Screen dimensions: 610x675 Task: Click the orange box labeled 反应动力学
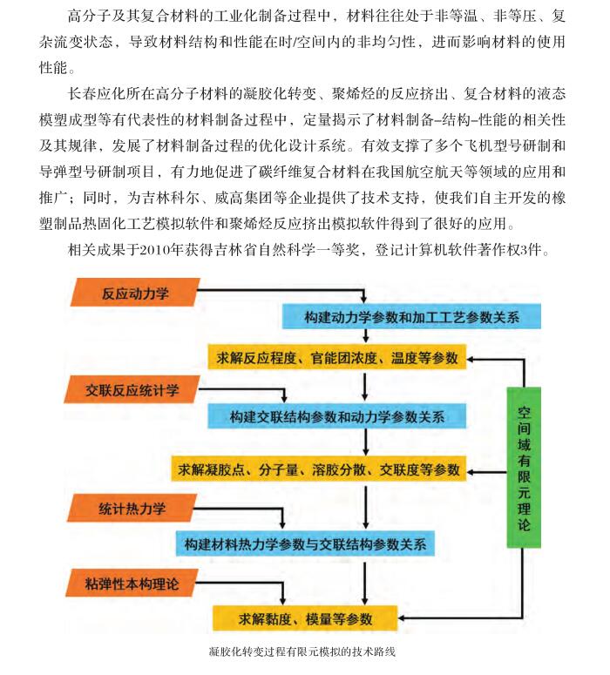[135, 293]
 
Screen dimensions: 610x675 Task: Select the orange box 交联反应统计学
[132, 389]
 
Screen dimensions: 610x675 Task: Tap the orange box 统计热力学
[132, 508]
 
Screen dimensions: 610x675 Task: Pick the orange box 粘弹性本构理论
[132, 584]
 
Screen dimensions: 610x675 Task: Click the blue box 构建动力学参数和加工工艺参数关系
[411, 316]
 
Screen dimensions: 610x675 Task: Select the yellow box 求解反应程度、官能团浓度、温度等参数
[337, 357]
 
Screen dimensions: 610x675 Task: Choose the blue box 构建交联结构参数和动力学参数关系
[337, 415]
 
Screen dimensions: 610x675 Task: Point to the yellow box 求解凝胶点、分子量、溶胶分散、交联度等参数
[319, 469]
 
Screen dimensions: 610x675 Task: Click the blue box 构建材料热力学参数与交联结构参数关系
[305, 543]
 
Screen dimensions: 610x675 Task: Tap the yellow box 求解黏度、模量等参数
[305, 618]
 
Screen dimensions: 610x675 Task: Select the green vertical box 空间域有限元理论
[524, 468]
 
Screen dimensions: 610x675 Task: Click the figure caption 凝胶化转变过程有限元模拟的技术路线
[302, 651]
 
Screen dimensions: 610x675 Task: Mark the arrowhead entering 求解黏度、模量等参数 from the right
[401, 618]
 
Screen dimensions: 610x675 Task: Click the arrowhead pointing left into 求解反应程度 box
[471, 359]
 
